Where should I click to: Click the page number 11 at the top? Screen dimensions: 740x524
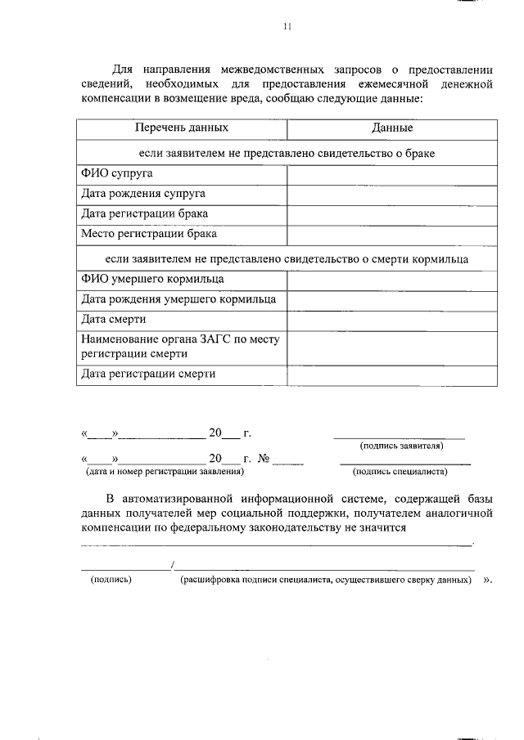287,26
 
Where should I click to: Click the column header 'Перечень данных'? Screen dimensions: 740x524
182,128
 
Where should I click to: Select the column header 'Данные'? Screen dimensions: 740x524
391,128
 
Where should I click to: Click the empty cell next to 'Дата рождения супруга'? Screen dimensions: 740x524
391,194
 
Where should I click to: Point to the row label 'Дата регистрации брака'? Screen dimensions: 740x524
144,213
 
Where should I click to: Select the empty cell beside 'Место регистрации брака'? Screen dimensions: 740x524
391,234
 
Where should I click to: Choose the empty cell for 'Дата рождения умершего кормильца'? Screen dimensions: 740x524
391,299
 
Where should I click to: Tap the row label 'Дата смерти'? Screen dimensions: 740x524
114,320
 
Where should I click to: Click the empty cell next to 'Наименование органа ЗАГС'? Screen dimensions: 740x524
391,348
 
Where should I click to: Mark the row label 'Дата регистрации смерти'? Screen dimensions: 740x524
148,374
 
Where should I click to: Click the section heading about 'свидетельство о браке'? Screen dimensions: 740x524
287,153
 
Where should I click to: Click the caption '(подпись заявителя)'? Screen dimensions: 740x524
401,446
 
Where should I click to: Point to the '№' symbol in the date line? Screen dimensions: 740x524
264,459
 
